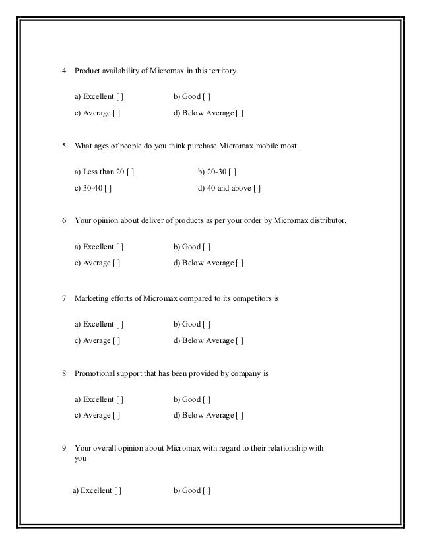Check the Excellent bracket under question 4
click(120, 98)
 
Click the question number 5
click(64, 145)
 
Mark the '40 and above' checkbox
click(258, 189)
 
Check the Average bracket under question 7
click(116, 340)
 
